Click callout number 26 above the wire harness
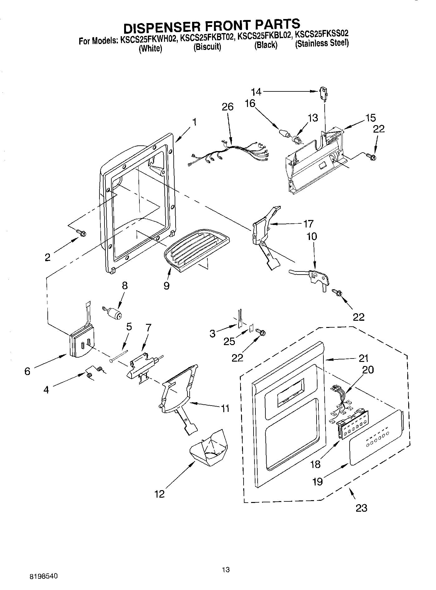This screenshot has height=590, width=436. coord(227,107)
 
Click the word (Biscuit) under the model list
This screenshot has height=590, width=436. coord(207,47)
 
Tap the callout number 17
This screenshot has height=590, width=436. coord(308,224)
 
